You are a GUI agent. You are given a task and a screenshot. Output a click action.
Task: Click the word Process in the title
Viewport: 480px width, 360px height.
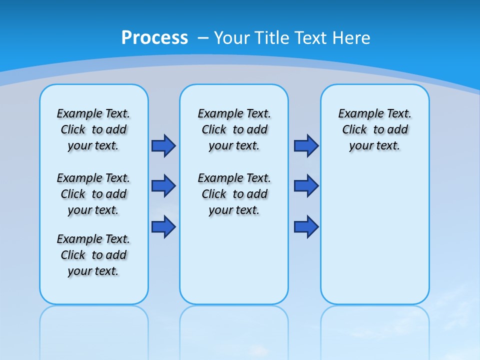pyautogui.click(x=154, y=37)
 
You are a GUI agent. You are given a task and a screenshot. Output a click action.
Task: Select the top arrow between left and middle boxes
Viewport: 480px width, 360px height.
pyautogui.click(x=163, y=145)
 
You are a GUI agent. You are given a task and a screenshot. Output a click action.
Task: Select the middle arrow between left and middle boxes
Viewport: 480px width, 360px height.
pyautogui.click(x=163, y=186)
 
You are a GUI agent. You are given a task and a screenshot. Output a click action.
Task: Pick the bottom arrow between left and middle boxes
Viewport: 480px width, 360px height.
pyautogui.click(x=163, y=226)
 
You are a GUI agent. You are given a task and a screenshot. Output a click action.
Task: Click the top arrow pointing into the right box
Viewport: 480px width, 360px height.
pyautogui.click(x=306, y=145)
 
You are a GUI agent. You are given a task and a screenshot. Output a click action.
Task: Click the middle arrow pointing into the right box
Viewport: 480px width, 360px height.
pyautogui.click(x=306, y=186)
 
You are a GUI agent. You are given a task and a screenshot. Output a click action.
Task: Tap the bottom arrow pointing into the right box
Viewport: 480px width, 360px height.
pyautogui.click(x=306, y=226)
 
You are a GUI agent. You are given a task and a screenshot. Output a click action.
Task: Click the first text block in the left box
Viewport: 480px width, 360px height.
pyautogui.click(x=93, y=129)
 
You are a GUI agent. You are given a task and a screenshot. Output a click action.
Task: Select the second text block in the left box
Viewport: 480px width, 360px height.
pyautogui.click(x=93, y=194)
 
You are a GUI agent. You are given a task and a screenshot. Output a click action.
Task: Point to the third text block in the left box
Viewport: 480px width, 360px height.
pyautogui.click(x=93, y=255)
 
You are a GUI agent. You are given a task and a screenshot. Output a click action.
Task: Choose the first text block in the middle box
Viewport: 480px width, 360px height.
pyautogui.click(x=234, y=129)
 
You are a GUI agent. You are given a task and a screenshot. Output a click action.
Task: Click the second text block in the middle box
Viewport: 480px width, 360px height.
pyautogui.click(x=234, y=194)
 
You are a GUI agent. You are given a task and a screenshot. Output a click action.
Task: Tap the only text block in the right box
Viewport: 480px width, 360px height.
pyautogui.click(x=374, y=129)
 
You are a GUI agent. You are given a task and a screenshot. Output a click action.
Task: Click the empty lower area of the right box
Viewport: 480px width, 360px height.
pyautogui.click(x=374, y=235)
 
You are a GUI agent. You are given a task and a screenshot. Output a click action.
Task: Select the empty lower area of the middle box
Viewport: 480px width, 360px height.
pyautogui.click(x=234, y=260)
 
